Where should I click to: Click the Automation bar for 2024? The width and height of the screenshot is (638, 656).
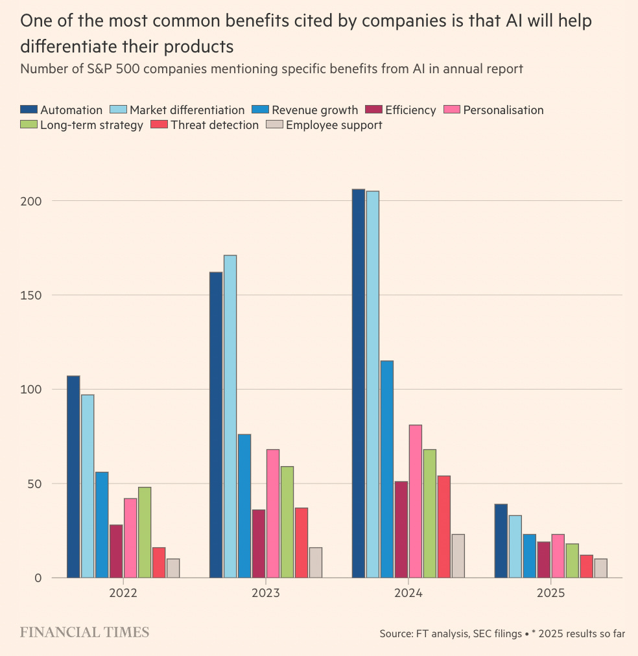(358, 383)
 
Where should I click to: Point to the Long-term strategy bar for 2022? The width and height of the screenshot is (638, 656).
(145, 532)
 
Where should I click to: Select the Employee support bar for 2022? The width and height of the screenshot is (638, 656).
(173, 568)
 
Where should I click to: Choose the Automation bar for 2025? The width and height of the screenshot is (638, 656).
(501, 541)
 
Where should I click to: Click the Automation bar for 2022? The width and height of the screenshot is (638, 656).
(73, 476)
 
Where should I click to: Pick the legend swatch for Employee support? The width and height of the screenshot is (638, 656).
(275, 124)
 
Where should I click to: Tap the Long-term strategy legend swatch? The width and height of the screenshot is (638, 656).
(29, 124)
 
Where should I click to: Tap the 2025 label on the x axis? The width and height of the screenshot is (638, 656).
(550, 593)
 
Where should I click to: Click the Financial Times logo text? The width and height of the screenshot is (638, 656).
(84, 632)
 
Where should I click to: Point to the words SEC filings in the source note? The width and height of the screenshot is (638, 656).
(494, 633)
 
